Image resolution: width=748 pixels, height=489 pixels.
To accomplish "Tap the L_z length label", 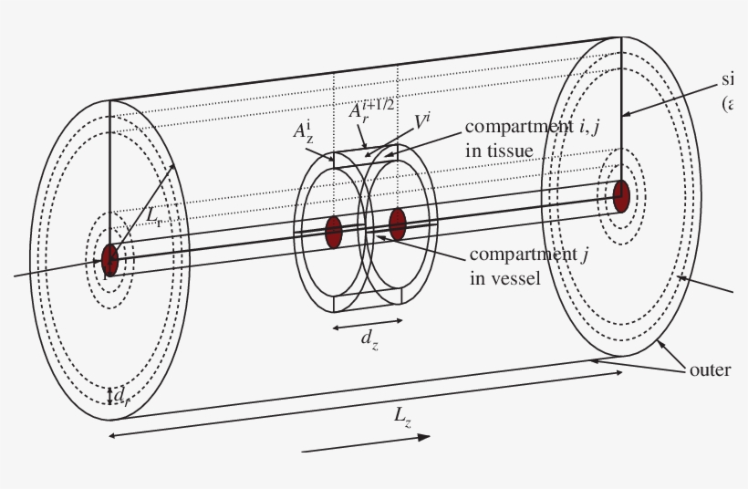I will point(402,416).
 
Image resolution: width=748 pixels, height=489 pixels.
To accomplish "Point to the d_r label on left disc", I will point(122,395).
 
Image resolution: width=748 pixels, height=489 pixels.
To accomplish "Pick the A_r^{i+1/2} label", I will point(370,110).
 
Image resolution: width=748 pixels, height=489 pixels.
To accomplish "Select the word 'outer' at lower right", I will point(711,369).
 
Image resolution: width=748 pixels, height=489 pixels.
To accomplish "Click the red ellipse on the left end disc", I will point(110,259).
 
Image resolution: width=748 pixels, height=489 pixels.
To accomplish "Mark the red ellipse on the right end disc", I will point(621,196).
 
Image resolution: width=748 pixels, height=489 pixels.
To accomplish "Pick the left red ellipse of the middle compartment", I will point(333,232).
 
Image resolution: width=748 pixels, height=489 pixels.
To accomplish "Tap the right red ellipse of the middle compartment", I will point(397,224).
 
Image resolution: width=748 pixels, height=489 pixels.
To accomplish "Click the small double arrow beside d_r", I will point(110,395).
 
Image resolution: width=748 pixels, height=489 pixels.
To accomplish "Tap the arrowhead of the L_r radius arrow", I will point(172,168).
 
